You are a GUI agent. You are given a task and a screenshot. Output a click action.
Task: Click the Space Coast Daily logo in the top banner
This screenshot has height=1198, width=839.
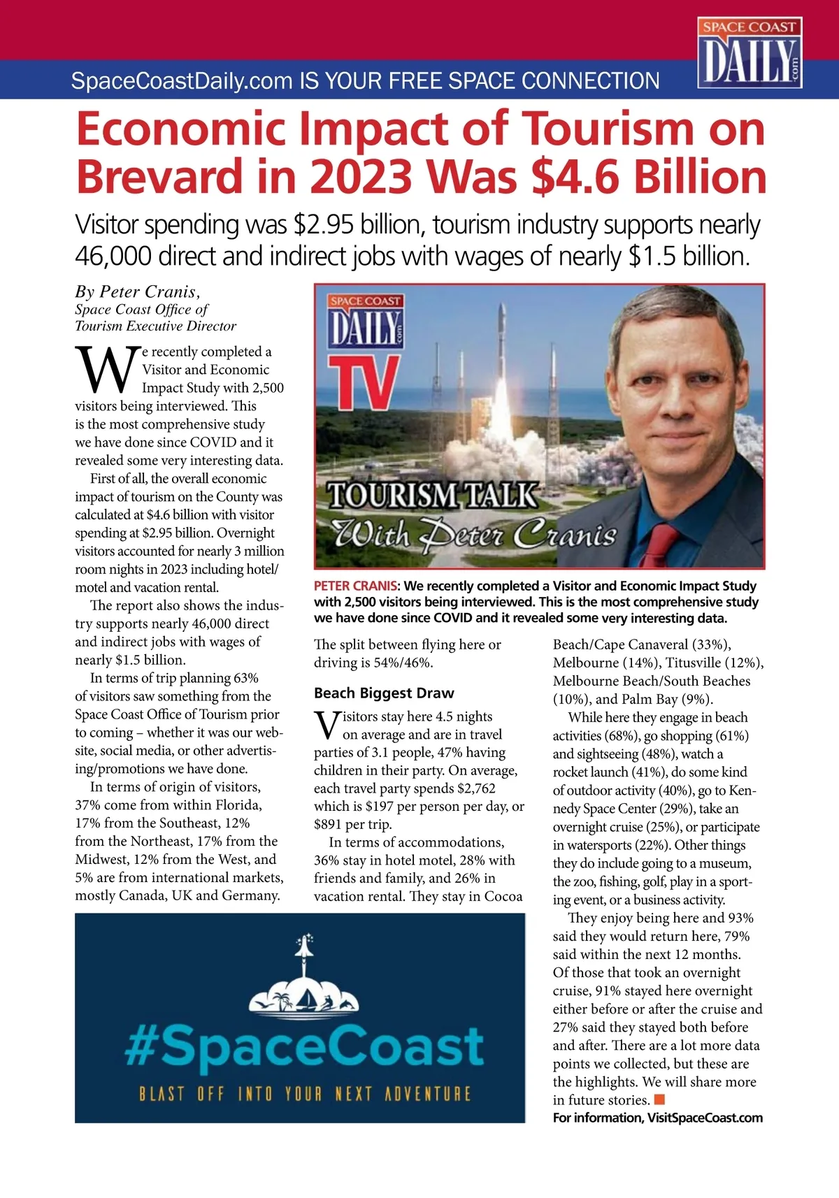(749, 53)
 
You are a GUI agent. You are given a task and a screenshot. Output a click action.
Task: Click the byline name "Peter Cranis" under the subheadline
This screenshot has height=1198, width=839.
(149, 291)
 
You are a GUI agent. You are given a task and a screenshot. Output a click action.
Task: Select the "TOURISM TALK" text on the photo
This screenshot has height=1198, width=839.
(433, 495)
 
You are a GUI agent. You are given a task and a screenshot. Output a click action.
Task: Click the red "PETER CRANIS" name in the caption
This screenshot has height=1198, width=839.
(355, 586)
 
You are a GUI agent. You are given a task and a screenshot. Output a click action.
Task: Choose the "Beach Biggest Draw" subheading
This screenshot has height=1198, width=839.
(384, 693)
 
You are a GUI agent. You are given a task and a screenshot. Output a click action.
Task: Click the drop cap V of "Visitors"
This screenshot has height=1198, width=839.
(327, 725)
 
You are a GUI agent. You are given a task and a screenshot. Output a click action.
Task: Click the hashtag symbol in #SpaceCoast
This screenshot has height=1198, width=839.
(140, 1046)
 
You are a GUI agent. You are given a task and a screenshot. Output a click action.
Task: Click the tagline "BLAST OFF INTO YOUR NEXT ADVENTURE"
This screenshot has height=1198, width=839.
(305, 1093)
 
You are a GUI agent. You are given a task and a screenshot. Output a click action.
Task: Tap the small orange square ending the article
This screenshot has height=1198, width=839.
(659, 1099)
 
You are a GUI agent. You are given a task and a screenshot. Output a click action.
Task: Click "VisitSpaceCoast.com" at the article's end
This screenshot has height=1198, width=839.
(705, 1118)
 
